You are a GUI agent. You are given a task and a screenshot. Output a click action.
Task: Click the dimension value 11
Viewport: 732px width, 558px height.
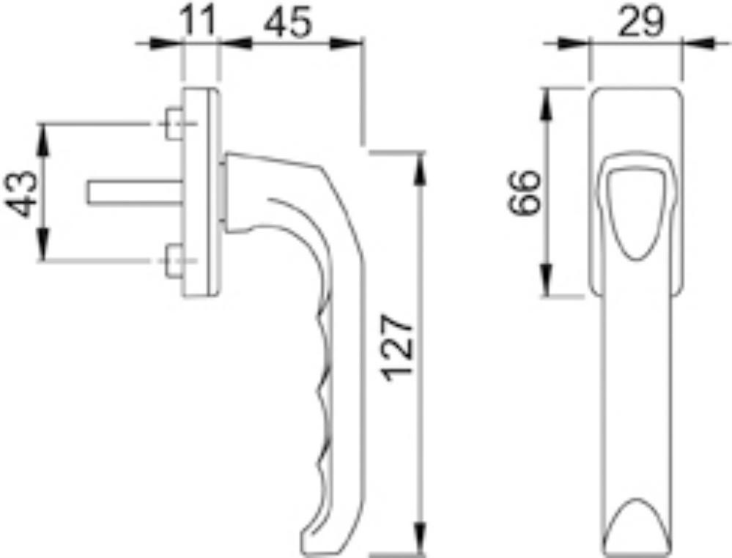click(x=199, y=20)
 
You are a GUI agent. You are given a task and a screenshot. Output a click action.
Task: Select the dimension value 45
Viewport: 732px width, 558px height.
click(x=287, y=21)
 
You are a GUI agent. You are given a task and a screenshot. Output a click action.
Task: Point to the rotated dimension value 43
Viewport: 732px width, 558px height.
click(x=21, y=194)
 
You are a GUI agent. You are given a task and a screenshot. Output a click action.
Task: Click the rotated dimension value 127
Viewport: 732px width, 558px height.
click(x=398, y=348)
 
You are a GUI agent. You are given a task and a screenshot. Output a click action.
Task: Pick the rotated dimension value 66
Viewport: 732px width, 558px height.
click(x=524, y=192)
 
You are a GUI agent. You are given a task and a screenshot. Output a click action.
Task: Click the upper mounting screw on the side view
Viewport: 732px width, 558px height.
click(x=174, y=124)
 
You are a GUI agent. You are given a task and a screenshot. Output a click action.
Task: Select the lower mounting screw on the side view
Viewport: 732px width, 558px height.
click(x=174, y=261)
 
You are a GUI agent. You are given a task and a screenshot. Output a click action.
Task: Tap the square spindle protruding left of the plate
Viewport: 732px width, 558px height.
click(x=134, y=192)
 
